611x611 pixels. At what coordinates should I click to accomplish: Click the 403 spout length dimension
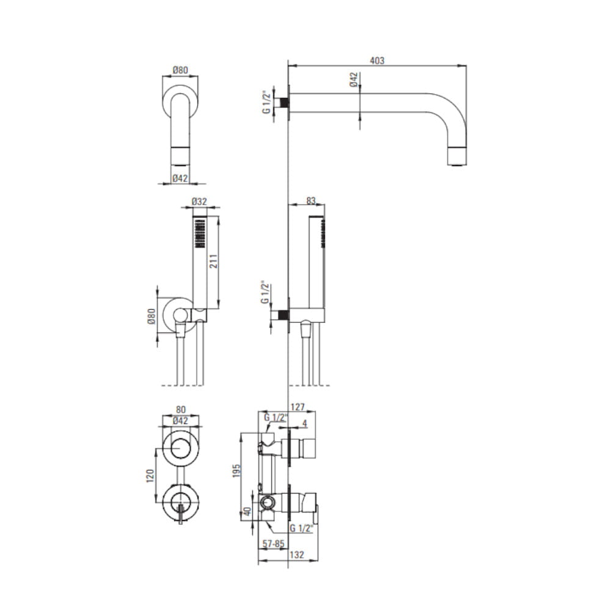[377, 60]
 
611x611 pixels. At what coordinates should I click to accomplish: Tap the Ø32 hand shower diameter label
[199, 202]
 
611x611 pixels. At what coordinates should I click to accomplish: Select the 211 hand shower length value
[213, 261]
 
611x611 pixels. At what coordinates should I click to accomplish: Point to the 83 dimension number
[310, 200]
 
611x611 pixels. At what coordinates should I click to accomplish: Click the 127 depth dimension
[298, 407]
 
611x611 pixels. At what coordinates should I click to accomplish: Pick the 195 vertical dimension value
[236, 471]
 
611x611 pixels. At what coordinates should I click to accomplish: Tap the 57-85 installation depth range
[274, 544]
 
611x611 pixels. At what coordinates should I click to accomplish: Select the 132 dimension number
[297, 555]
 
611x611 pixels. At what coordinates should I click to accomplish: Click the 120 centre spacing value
[150, 476]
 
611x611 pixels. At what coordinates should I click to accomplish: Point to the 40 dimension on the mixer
[247, 511]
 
